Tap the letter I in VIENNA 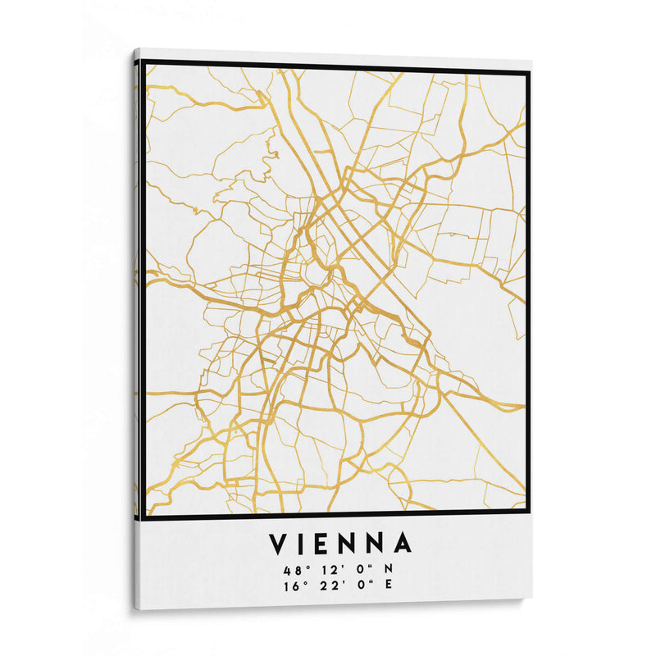(304, 544)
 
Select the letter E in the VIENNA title (326, 544)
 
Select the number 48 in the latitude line (291, 569)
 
